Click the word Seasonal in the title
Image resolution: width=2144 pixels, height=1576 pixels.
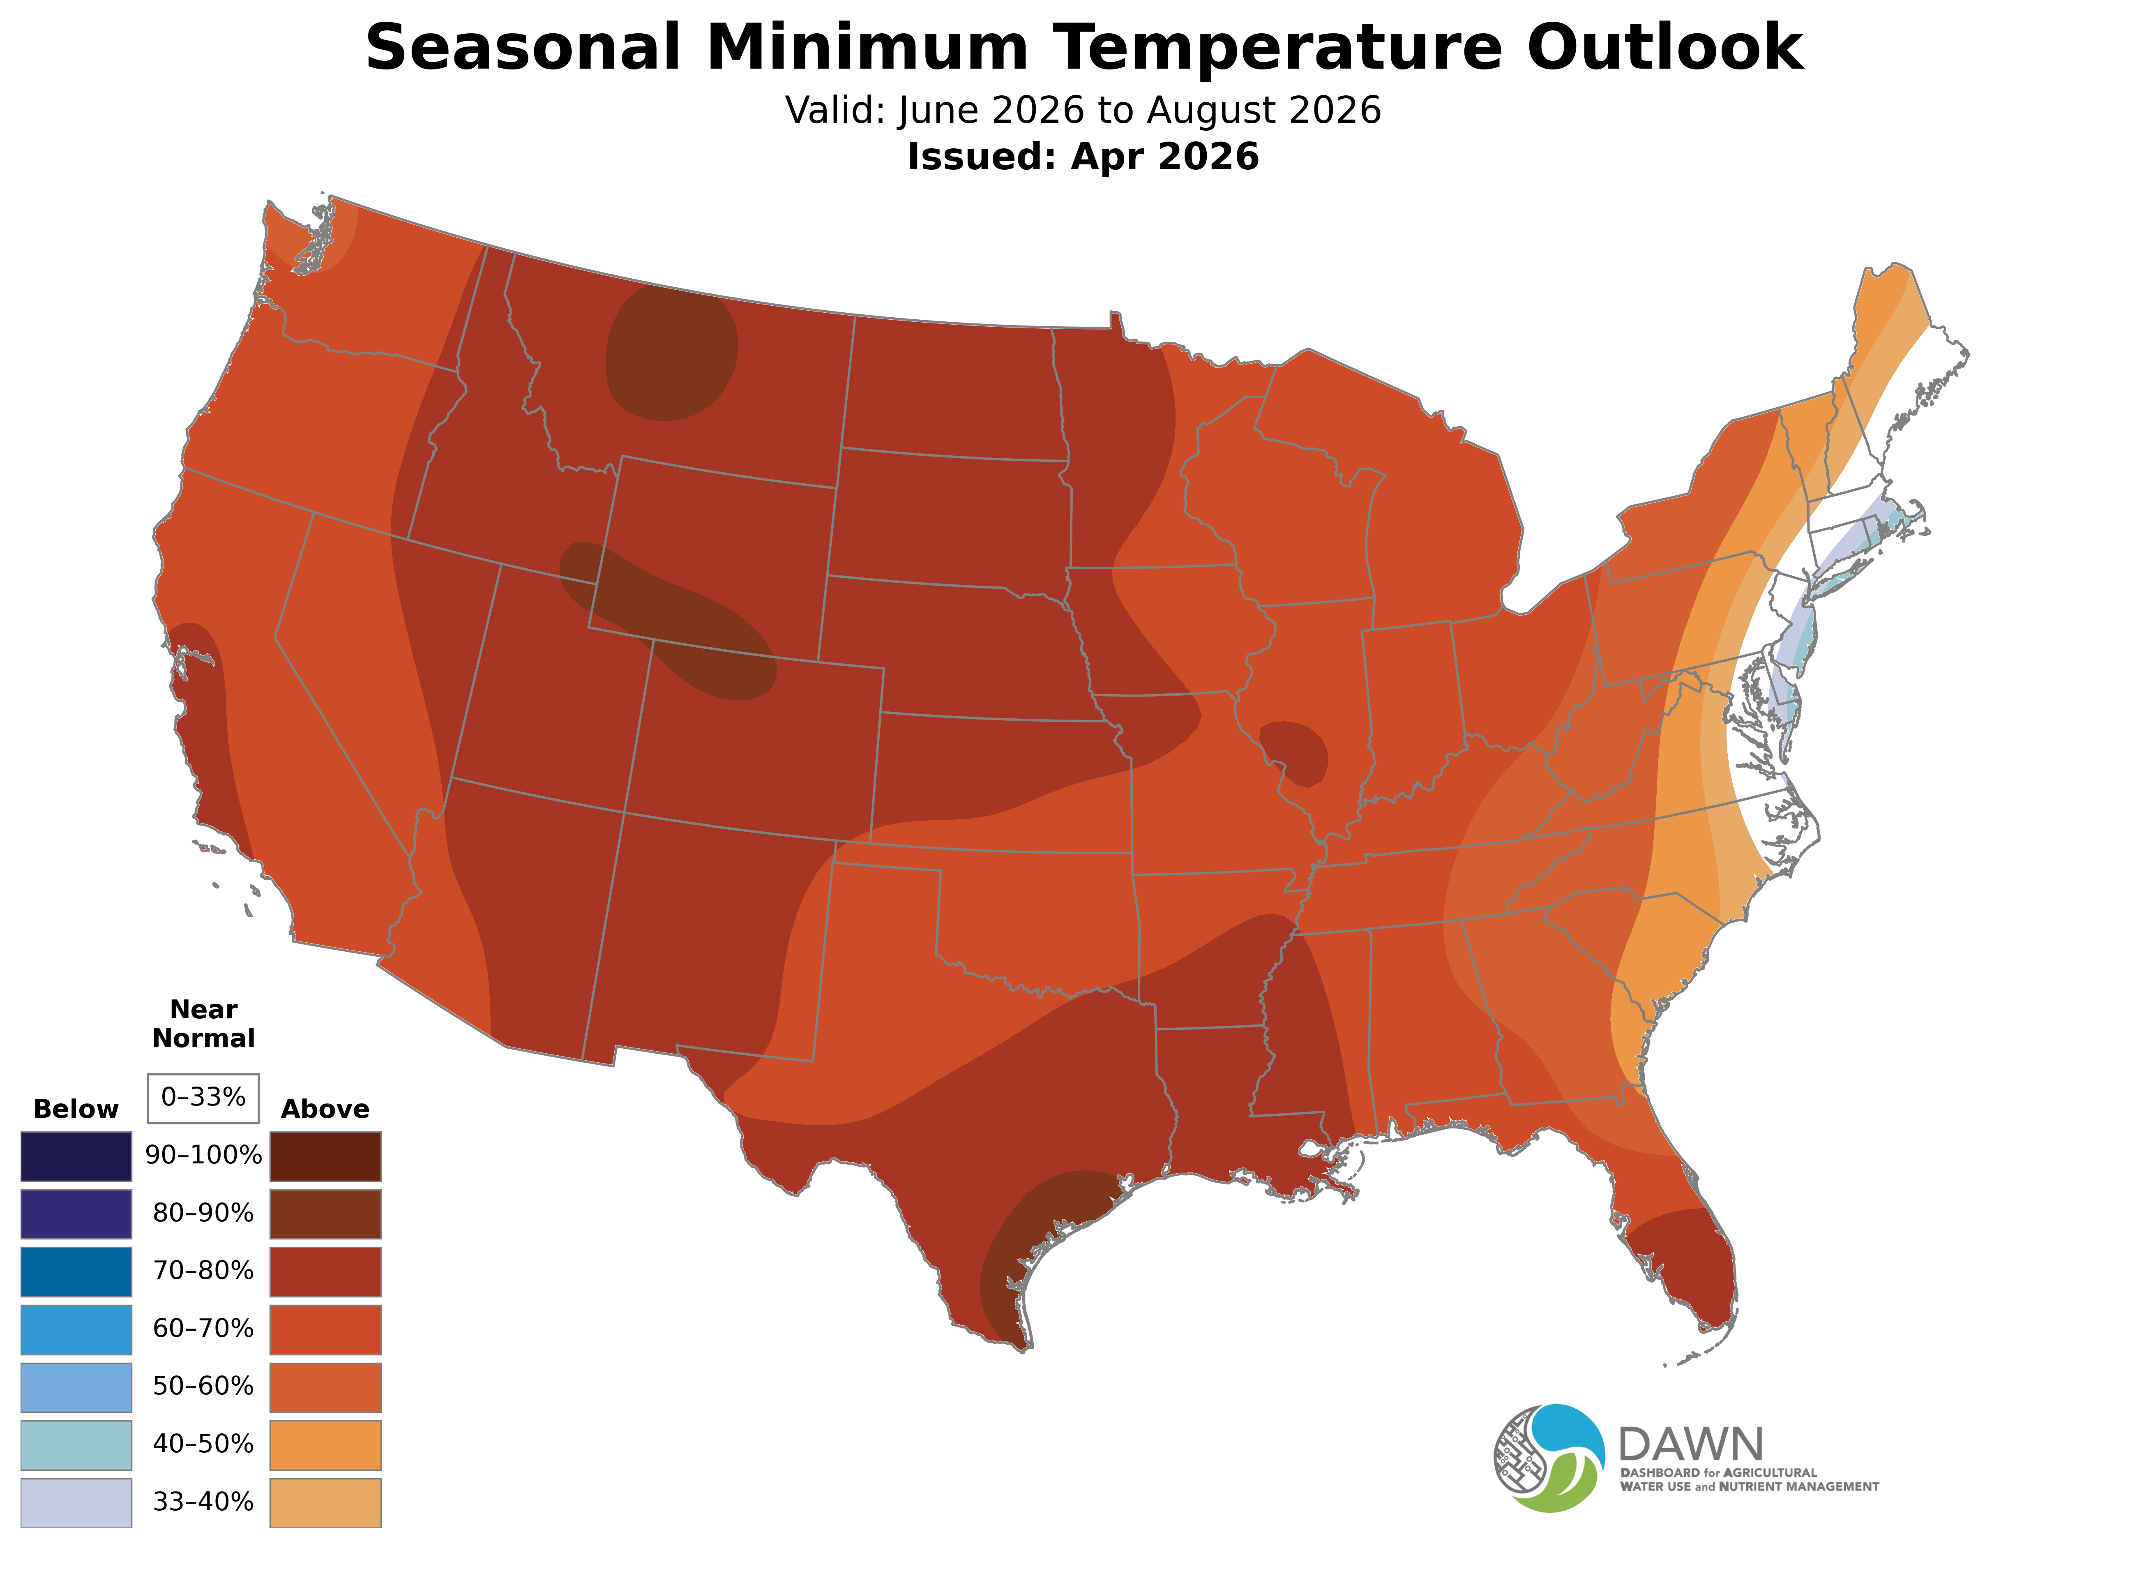(523, 48)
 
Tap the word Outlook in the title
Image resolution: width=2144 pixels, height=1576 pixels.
(1664, 48)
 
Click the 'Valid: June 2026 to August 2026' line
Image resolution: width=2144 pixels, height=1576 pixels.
(1083, 111)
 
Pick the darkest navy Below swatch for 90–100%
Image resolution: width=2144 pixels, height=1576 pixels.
(76, 1156)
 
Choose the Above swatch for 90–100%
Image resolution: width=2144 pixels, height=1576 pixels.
(325, 1156)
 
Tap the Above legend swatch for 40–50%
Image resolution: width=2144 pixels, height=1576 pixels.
(325, 1445)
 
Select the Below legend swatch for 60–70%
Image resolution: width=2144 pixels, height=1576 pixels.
(76, 1330)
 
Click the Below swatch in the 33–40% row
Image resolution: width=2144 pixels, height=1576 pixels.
(76, 1502)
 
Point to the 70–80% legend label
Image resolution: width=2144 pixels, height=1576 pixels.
(203, 1271)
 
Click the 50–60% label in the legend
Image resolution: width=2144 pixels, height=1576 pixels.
(203, 1387)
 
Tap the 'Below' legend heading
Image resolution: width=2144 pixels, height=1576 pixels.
(76, 1110)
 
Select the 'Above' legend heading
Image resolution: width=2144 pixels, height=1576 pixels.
(325, 1110)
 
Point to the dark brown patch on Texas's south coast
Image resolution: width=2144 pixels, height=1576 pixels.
(1035, 1240)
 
